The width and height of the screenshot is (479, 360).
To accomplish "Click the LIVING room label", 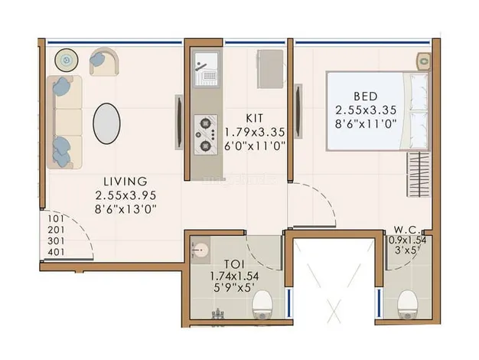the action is (x=125, y=182).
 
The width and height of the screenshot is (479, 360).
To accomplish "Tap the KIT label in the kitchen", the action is (x=254, y=118).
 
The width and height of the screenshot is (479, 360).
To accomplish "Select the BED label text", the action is (x=365, y=97).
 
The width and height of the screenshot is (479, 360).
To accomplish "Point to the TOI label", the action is (x=234, y=263).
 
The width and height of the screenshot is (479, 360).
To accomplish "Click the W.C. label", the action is (x=407, y=229).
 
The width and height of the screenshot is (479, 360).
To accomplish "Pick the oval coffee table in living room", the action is (x=106, y=123).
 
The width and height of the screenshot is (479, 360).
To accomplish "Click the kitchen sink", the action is (x=207, y=70).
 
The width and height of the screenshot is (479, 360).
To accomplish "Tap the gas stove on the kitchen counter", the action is (x=206, y=135).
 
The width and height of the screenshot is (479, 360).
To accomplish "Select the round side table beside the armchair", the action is (x=67, y=61).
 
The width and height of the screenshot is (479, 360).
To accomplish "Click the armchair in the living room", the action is (x=104, y=61).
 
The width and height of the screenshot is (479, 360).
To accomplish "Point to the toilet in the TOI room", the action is (x=262, y=304).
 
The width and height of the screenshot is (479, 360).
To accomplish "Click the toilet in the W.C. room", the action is (x=408, y=304).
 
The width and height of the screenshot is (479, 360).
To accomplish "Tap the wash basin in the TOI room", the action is (x=200, y=250).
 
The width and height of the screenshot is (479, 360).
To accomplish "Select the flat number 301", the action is (x=56, y=241).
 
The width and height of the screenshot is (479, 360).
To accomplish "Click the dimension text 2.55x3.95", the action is (x=125, y=195).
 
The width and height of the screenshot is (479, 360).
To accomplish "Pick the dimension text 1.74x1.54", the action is (x=234, y=277).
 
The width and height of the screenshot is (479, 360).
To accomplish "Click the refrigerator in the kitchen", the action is (x=270, y=69).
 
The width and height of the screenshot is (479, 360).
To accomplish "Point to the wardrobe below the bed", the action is (x=418, y=175).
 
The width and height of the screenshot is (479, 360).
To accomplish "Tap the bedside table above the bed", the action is (x=424, y=61).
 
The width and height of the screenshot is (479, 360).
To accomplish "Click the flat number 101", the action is (x=56, y=219).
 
